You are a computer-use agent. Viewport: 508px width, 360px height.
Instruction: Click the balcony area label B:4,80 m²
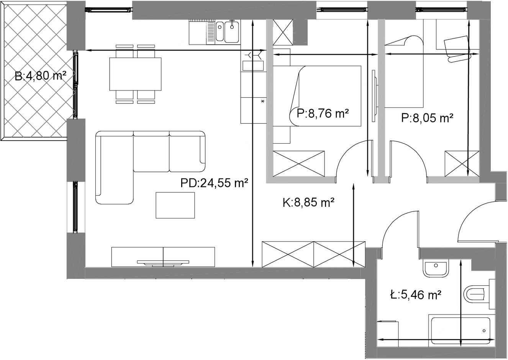tap(41, 76)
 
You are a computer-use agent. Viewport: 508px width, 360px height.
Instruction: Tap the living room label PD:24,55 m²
tap(214, 183)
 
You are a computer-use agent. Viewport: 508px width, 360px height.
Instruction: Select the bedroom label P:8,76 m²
tap(323, 113)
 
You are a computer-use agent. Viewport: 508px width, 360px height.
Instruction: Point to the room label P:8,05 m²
tap(427, 118)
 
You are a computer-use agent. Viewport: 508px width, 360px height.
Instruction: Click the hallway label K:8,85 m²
tap(308, 202)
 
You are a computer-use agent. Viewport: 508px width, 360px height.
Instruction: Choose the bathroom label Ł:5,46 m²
tap(416, 295)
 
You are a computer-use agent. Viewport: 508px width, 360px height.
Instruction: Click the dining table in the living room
tap(135, 74)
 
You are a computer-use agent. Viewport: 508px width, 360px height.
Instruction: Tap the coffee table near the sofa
tap(175, 205)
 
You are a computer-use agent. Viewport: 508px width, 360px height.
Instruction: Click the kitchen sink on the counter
tap(227, 31)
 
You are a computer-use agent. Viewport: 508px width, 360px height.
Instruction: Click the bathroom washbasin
tap(436, 269)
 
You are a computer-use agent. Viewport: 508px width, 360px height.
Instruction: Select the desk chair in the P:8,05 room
tap(457, 49)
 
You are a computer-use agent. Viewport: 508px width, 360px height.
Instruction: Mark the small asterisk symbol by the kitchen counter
tap(262, 101)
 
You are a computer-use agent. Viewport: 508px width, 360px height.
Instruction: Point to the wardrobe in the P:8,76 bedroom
tap(299, 164)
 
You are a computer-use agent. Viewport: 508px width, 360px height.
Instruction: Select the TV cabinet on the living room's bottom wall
tap(163, 257)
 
